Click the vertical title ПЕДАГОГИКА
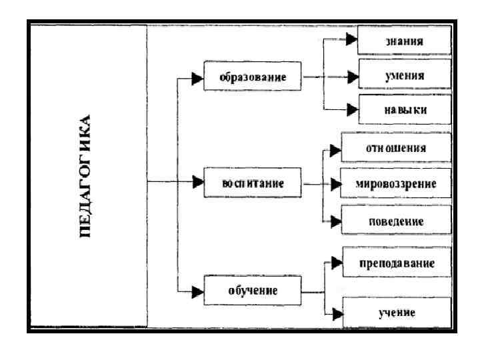(x=87, y=177)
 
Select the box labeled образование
(x=253, y=77)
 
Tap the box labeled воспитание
(x=253, y=183)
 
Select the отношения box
(x=396, y=148)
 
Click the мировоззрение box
(x=396, y=183)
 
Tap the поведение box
(x=396, y=219)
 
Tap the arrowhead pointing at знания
(x=351, y=41)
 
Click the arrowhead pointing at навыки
(x=351, y=109)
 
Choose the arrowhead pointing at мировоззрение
(x=335, y=183)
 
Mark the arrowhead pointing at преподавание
(x=337, y=263)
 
